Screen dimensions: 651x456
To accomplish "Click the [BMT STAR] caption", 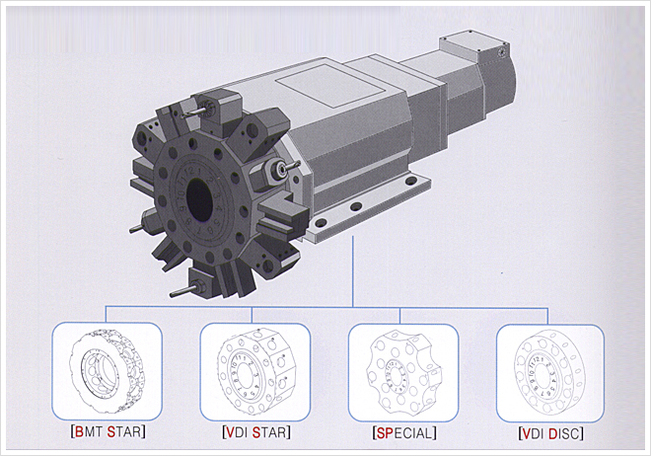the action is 108,432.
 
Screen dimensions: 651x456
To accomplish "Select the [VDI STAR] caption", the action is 256,432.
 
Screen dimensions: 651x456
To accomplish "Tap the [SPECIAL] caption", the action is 404,433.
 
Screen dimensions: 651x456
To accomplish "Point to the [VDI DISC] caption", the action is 551,434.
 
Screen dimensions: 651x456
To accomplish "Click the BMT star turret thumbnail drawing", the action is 108,371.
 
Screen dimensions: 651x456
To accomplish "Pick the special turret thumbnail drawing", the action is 403,373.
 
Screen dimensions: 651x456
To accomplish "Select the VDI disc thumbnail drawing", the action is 548,372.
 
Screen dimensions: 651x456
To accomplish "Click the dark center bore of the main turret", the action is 199,199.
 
